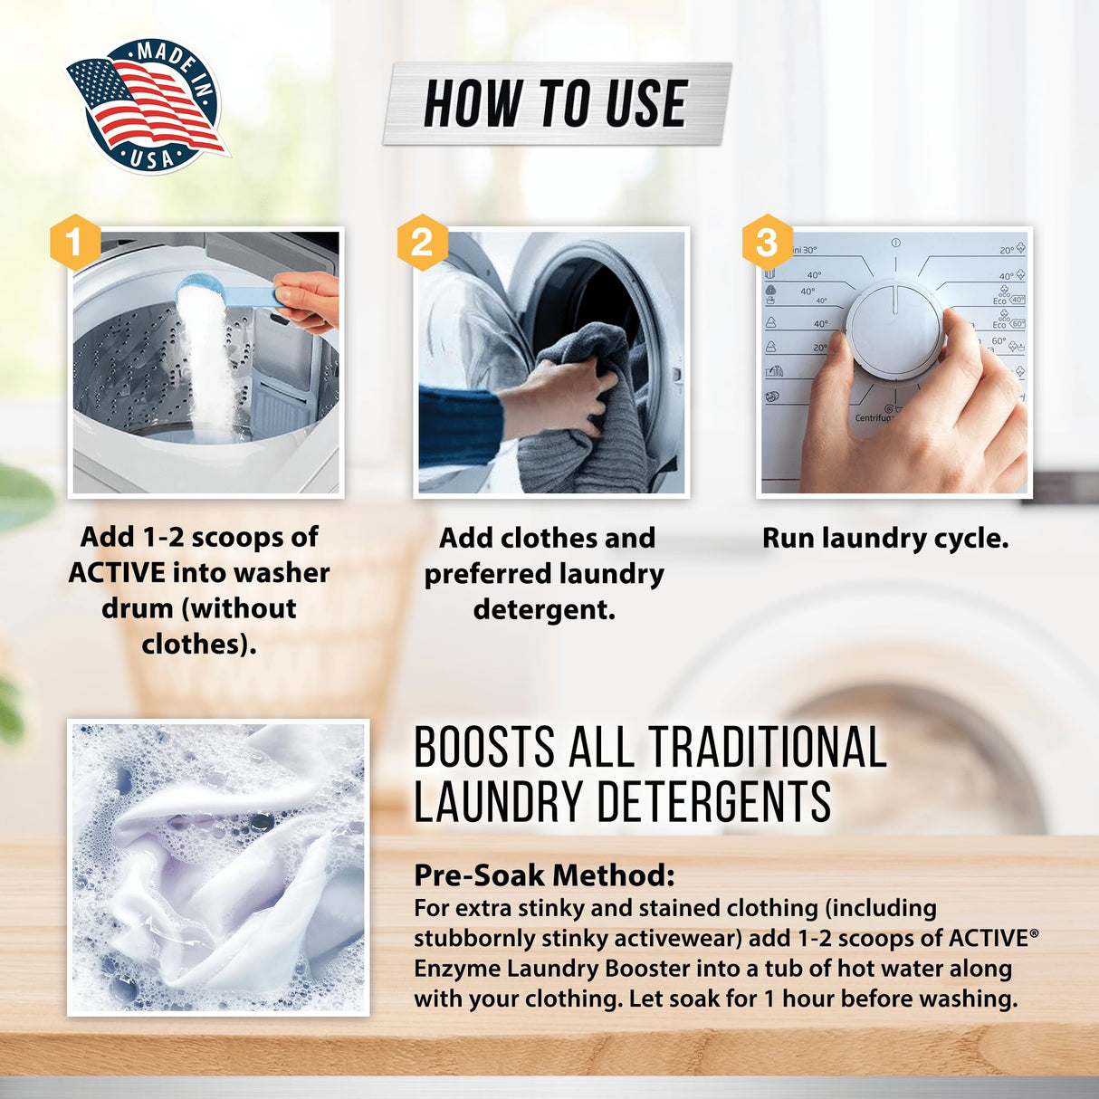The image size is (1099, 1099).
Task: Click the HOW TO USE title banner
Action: point(556,103)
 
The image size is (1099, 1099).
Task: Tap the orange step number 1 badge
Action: point(74,242)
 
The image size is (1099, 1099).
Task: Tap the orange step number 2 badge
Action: point(422,243)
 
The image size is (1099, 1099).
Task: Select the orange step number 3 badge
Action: point(767,243)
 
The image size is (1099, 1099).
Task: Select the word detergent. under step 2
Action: point(544,609)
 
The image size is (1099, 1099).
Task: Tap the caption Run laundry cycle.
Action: point(884,539)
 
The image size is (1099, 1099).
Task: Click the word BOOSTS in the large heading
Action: point(484,748)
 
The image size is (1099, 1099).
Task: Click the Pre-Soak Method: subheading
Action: point(544,875)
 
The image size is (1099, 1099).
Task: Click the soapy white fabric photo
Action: point(218,867)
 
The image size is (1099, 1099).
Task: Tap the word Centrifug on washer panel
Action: point(873,417)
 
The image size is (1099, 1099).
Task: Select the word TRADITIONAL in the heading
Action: point(768,748)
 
